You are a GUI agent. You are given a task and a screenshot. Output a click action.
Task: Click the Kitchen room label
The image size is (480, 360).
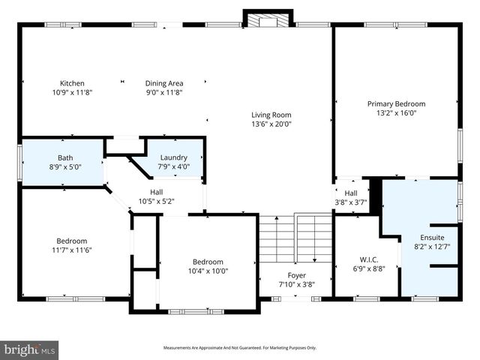point(73,83)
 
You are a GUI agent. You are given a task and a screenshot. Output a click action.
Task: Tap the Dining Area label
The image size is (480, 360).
point(164,83)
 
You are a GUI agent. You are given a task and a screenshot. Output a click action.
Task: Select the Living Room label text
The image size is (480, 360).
point(271,115)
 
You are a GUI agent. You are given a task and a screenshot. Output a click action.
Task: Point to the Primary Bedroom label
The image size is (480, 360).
point(396,104)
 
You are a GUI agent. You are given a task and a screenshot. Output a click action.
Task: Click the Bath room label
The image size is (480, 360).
point(64,157)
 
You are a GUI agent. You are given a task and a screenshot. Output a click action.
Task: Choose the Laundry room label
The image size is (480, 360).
point(173,157)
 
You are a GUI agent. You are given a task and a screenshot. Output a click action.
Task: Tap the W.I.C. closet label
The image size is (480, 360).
point(368,259)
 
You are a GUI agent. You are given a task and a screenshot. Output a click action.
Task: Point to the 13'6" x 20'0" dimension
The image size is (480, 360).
point(271,124)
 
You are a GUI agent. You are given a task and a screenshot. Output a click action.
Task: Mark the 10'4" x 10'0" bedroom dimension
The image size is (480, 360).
point(207,271)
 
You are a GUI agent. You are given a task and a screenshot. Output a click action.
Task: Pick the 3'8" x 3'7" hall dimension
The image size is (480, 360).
point(351,202)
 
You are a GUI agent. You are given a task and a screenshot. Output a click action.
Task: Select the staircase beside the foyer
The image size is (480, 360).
point(295,239)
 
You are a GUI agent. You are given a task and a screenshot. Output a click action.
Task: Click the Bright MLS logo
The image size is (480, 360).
point(29,349)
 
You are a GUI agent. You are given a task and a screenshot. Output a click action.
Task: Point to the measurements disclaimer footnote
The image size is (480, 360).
point(240,348)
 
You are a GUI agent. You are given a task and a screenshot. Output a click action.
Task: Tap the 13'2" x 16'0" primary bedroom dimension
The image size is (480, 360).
point(396,114)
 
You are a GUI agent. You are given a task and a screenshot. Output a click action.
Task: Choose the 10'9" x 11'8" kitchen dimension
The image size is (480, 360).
point(73,93)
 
